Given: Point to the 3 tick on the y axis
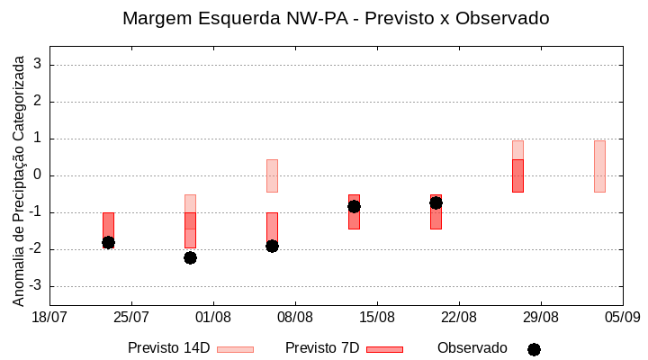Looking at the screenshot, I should pyautogui.click(x=38, y=65).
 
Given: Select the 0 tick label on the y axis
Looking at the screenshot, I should pyautogui.click(x=38, y=175).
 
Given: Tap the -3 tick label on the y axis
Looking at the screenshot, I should pyautogui.click(x=35, y=286).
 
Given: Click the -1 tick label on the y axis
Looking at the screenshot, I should pyautogui.click(x=35, y=212).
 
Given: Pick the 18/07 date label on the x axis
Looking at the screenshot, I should pyautogui.click(x=49, y=317).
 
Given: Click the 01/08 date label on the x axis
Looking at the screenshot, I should pyautogui.click(x=213, y=317).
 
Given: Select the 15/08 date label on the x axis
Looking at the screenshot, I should pyautogui.click(x=377, y=317).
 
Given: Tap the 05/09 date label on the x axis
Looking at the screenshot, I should pyautogui.click(x=622, y=317).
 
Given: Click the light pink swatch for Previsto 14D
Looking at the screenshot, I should pyautogui.click(x=235, y=349).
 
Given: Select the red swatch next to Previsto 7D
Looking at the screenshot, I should pyautogui.click(x=384, y=349).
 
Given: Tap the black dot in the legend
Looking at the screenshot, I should pyautogui.click(x=534, y=349).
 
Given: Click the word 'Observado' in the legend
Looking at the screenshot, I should pyautogui.click(x=472, y=347).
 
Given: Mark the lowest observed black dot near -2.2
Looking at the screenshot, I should pyautogui.click(x=190, y=257).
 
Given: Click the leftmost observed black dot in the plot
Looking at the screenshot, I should pyautogui.click(x=108, y=242).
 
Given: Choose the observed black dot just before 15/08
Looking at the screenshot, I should pyautogui.click(x=354, y=206).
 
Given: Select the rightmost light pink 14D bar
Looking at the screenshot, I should pyautogui.click(x=599, y=166).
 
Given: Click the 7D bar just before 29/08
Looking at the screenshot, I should pyautogui.click(x=517, y=175).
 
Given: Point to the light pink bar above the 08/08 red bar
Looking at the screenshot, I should pyautogui.click(x=272, y=175).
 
